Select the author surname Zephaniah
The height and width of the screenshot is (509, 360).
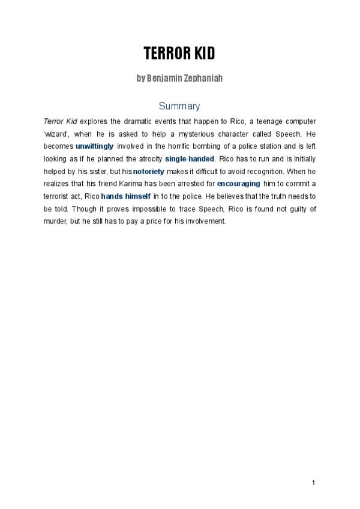point(197,79)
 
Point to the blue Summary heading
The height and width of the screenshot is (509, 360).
point(179,106)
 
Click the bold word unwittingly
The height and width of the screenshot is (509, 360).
point(94,146)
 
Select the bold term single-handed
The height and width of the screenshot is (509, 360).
point(190,158)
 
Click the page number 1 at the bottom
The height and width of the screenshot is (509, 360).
point(313,483)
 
